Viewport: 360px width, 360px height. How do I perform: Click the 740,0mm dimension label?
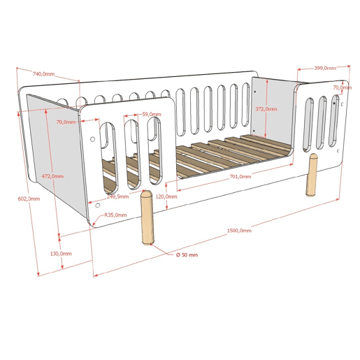point(43,74)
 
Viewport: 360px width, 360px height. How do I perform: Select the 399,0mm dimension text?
point(325,68)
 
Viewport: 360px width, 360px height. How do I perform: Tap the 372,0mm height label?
point(266,109)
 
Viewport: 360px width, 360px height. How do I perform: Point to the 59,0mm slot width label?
point(152,114)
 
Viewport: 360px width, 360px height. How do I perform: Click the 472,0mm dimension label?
point(52,176)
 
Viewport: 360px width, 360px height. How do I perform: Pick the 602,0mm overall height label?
point(29,199)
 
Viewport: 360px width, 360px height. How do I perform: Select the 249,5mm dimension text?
point(117,196)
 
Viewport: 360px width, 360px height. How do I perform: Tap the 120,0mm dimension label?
point(166,196)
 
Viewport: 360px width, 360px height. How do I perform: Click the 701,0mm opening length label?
point(240,177)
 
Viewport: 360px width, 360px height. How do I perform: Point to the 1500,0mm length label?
point(239,231)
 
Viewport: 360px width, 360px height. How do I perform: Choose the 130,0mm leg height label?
point(61,254)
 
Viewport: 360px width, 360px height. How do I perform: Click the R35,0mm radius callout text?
point(115,215)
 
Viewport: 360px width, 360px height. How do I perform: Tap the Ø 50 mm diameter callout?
point(187,255)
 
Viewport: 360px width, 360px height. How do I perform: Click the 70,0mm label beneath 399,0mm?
point(342,87)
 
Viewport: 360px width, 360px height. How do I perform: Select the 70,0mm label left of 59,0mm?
point(66,122)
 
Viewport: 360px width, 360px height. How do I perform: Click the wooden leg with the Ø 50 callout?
point(147,217)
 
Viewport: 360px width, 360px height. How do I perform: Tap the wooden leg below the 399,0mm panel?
point(311,174)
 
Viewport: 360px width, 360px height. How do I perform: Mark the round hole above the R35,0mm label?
point(98,206)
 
